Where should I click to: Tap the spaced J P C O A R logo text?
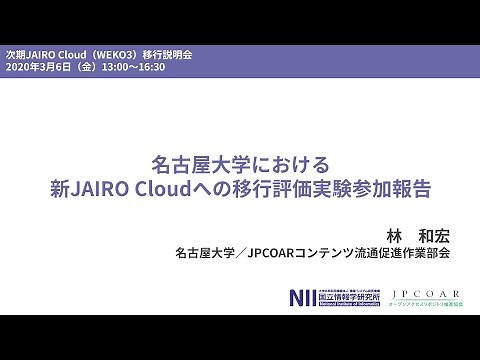pyautogui.click(x=427, y=294)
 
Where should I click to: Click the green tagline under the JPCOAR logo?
pyautogui.click(x=427, y=304)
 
